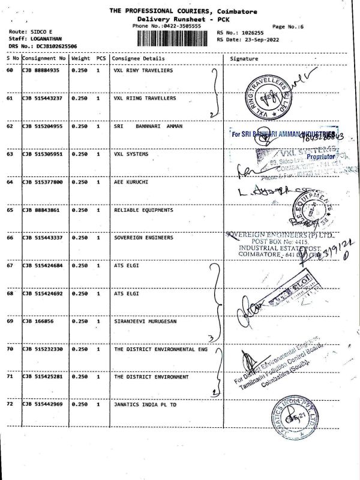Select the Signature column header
pyautogui.click(x=244, y=59)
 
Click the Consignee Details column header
pyautogui.click(x=138, y=59)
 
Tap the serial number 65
pyautogui.click(x=10, y=210)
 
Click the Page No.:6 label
pyautogui.click(x=288, y=26)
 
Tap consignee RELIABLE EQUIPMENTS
pyautogui.click(x=143, y=210)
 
